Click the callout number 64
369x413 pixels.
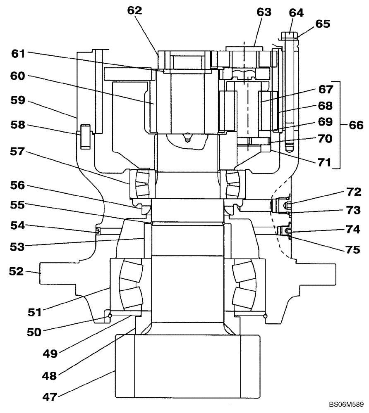296,13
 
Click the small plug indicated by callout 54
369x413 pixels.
98,232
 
